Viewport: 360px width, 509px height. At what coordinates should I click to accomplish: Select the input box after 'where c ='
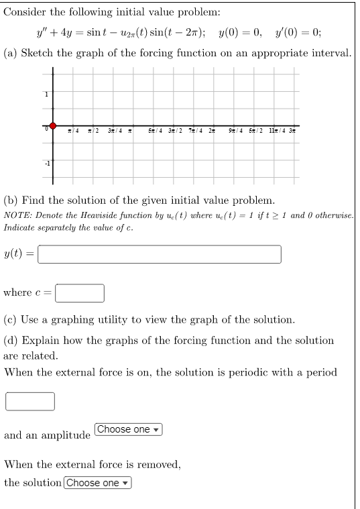(x=79, y=293)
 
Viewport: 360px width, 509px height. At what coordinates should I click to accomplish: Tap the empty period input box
(x=30, y=401)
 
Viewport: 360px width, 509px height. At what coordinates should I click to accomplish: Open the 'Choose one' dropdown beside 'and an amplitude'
(x=129, y=429)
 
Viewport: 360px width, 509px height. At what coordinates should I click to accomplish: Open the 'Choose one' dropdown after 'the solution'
(x=98, y=483)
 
